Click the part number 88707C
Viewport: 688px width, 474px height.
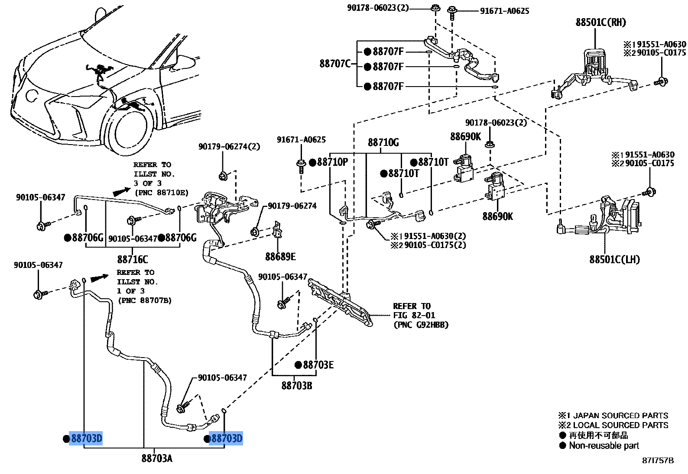[334, 64]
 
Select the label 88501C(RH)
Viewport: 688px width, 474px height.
[600, 23]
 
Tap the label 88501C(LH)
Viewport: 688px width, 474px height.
[614, 259]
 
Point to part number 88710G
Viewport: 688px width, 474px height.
[383, 142]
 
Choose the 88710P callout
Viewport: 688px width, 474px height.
[332, 162]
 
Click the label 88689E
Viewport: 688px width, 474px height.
[280, 257]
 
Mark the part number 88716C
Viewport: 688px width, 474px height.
[133, 259]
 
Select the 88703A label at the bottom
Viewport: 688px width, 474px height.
[157, 458]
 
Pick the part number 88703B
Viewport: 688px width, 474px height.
[297, 385]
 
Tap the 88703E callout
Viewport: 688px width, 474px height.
[318, 365]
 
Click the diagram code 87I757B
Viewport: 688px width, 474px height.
[658, 461]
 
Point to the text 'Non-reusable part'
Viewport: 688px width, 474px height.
[604, 445]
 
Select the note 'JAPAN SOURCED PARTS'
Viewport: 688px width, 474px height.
[620, 416]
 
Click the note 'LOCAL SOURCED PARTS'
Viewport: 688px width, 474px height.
[620, 425]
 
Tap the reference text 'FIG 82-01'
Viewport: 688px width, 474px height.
[414, 315]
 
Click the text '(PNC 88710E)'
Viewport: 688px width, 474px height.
[162, 193]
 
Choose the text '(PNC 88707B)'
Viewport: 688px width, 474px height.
[145, 300]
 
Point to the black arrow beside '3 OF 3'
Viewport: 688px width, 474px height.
[121, 191]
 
